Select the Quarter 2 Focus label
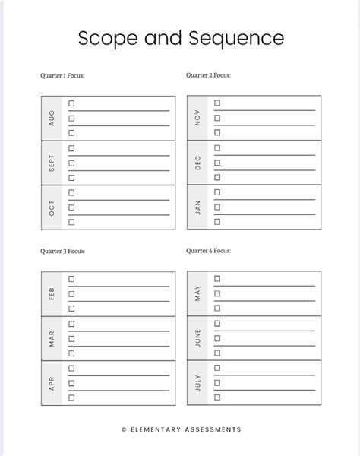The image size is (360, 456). (208, 76)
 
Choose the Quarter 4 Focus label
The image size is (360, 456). (208, 250)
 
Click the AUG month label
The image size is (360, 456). (52, 118)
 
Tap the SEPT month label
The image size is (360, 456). (52, 163)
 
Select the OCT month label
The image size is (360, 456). (52, 207)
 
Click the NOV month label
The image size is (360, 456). (197, 118)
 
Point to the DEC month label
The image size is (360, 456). (197, 163)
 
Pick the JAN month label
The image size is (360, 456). (197, 207)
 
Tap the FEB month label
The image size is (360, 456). (52, 294)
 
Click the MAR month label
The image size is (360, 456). (52, 338)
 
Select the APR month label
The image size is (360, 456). (52, 382)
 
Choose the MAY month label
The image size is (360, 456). (197, 294)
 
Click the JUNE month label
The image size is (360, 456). (197, 338)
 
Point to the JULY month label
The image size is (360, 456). (197, 382)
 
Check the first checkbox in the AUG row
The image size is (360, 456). (71, 103)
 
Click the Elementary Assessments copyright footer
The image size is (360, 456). (181, 430)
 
